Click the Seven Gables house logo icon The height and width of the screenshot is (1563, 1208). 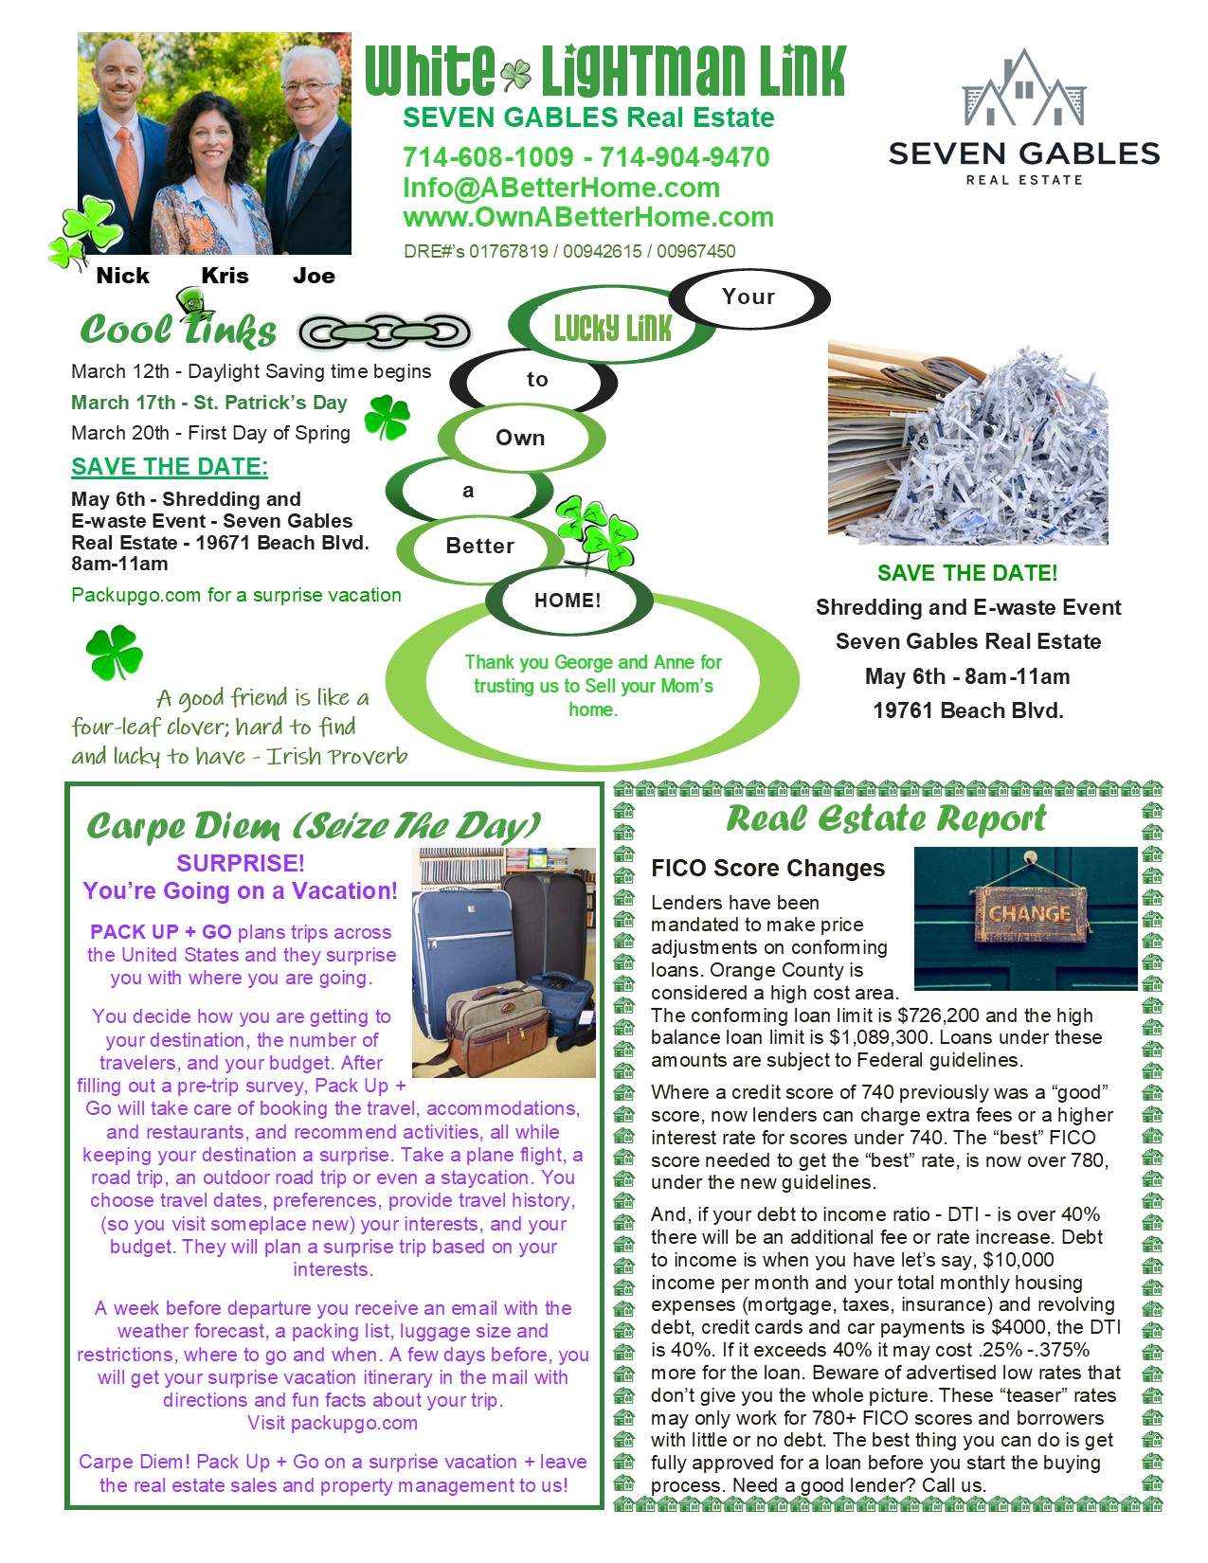[x=1023, y=89]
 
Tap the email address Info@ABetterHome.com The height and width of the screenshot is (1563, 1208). [x=561, y=188]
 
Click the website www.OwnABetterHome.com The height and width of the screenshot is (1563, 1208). [x=588, y=217]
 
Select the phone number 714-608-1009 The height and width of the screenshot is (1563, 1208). [x=488, y=157]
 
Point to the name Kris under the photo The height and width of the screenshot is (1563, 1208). [x=225, y=276]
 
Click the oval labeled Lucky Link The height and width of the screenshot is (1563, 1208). [x=612, y=328]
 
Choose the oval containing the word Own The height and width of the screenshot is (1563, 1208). [x=520, y=438]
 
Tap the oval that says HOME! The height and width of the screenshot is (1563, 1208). [x=568, y=601]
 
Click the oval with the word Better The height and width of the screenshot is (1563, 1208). [x=479, y=546]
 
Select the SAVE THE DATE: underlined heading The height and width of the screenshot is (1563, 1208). [x=170, y=467]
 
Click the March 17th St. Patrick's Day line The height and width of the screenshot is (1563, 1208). [x=209, y=403]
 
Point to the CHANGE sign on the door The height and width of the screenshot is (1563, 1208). [x=1029, y=914]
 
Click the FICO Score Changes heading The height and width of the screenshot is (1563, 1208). [x=767, y=869]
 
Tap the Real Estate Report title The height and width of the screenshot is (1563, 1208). [x=886, y=819]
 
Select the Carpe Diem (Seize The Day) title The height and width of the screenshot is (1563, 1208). [x=314, y=826]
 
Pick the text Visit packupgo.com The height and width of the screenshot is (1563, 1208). [x=332, y=1423]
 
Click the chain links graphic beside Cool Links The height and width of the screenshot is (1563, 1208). [x=385, y=332]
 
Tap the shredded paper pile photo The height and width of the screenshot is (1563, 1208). [x=967, y=443]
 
